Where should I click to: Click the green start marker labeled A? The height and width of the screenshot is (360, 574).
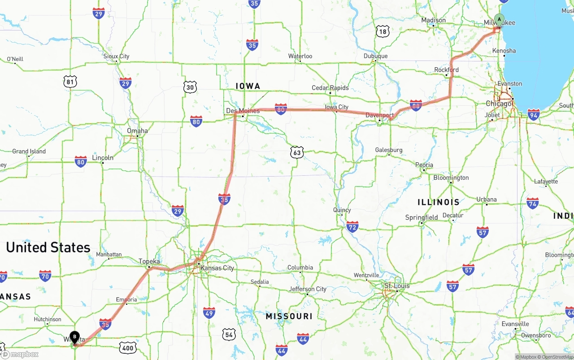pos(499,20)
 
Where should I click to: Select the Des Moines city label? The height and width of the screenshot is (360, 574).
pos(243,111)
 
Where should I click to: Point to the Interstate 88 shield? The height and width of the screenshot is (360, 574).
pos(416,105)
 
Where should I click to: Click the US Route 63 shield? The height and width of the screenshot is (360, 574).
pos(296,152)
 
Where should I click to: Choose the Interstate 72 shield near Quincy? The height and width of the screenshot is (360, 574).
pos(352,227)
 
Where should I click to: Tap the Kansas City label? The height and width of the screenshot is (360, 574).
pos(217,268)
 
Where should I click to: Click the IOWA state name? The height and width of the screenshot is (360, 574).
pos(248,86)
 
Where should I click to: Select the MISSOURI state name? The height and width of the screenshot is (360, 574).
pos(289,317)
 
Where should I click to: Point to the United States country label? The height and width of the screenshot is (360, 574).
pos(48,247)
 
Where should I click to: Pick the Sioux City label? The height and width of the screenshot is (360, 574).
pos(116,56)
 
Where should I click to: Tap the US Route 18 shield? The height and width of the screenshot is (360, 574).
pos(383,31)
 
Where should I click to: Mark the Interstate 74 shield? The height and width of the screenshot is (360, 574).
pos(533,203)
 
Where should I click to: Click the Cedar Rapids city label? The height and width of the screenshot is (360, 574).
pos(330,88)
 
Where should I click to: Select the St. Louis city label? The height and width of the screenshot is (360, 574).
pos(397,286)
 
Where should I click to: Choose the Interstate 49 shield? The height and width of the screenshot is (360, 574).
pos(209,312)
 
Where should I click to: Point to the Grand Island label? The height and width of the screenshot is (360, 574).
pos(29,152)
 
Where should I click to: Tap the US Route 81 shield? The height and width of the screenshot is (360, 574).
pos(70,81)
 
